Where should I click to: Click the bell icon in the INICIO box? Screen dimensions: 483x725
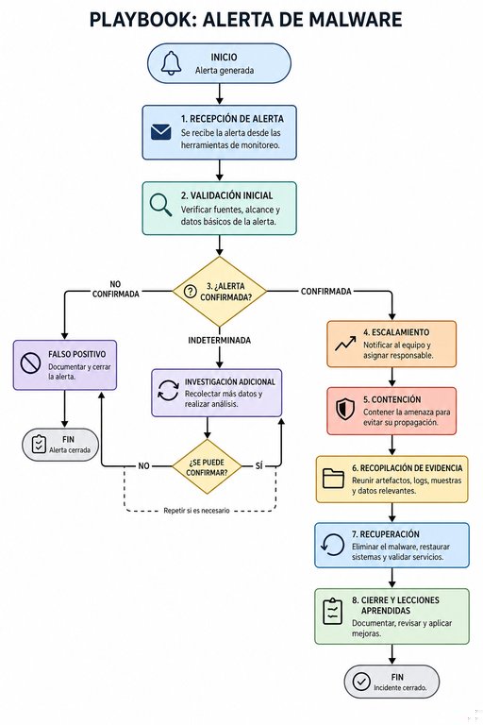(x=171, y=63)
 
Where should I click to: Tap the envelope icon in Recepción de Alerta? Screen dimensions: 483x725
(x=161, y=132)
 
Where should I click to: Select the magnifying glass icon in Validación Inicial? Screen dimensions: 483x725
(x=161, y=205)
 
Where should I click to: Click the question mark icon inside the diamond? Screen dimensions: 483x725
(x=190, y=292)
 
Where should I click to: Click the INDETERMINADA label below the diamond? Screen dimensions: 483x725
(x=220, y=340)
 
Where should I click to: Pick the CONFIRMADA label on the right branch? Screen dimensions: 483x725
(x=326, y=292)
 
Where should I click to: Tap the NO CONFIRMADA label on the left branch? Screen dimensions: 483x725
(x=115, y=289)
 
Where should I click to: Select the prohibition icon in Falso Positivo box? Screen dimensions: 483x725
(x=30, y=363)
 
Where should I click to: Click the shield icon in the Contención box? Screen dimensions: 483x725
(x=345, y=409)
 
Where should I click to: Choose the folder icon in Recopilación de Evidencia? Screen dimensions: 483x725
(x=333, y=479)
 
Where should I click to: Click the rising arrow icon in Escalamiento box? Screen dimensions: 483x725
(x=345, y=344)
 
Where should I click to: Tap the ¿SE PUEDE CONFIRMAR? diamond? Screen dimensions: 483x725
(x=207, y=466)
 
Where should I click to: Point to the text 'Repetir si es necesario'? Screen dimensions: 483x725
(x=196, y=511)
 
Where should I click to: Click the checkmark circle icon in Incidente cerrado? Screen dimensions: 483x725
(x=361, y=681)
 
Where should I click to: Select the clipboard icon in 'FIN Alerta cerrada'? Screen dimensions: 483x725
(x=39, y=444)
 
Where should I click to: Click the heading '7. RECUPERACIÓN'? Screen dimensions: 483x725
(x=386, y=534)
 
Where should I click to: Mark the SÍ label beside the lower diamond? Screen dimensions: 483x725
(x=258, y=466)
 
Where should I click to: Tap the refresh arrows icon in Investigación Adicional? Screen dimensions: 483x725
(x=168, y=390)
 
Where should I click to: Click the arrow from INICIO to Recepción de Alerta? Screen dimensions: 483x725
(x=220, y=94)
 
